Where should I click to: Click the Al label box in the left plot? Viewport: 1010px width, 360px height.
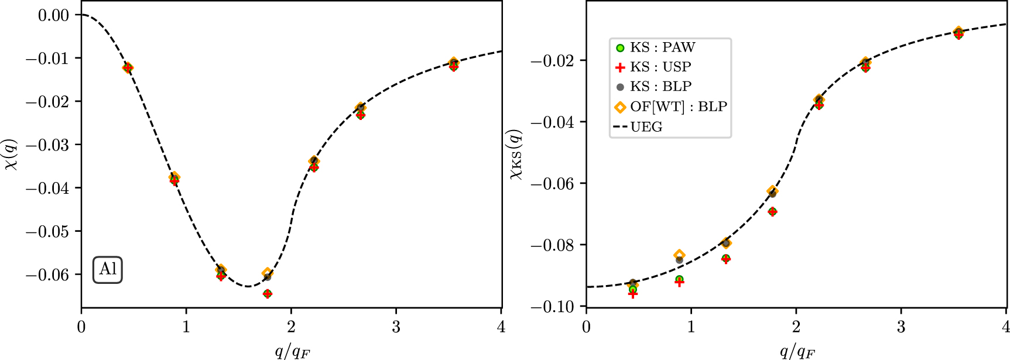(x=108, y=270)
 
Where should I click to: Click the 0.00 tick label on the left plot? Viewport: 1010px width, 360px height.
(x=53, y=15)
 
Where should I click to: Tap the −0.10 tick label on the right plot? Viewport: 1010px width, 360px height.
(x=552, y=306)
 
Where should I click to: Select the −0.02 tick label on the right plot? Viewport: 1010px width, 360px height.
(x=552, y=61)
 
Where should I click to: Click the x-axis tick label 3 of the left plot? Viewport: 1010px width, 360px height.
(x=396, y=327)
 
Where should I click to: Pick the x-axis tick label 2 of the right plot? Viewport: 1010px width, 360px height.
(x=796, y=327)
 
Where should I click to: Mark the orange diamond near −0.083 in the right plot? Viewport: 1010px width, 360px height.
(x=679, y=255)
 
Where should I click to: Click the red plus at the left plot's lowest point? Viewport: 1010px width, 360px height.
(x=268, y=294)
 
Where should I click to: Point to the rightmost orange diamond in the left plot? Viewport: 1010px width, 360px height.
(x=454, y=63)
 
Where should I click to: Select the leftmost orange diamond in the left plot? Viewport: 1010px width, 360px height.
(x=128, y=68)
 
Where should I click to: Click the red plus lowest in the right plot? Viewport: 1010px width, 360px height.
(x=633, y=294)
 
